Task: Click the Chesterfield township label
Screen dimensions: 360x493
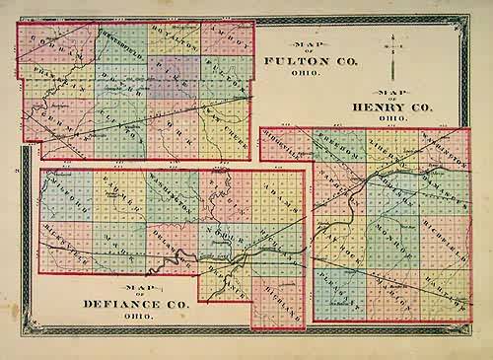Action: click(116, 40)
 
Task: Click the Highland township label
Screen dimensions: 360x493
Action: click(281, 286)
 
